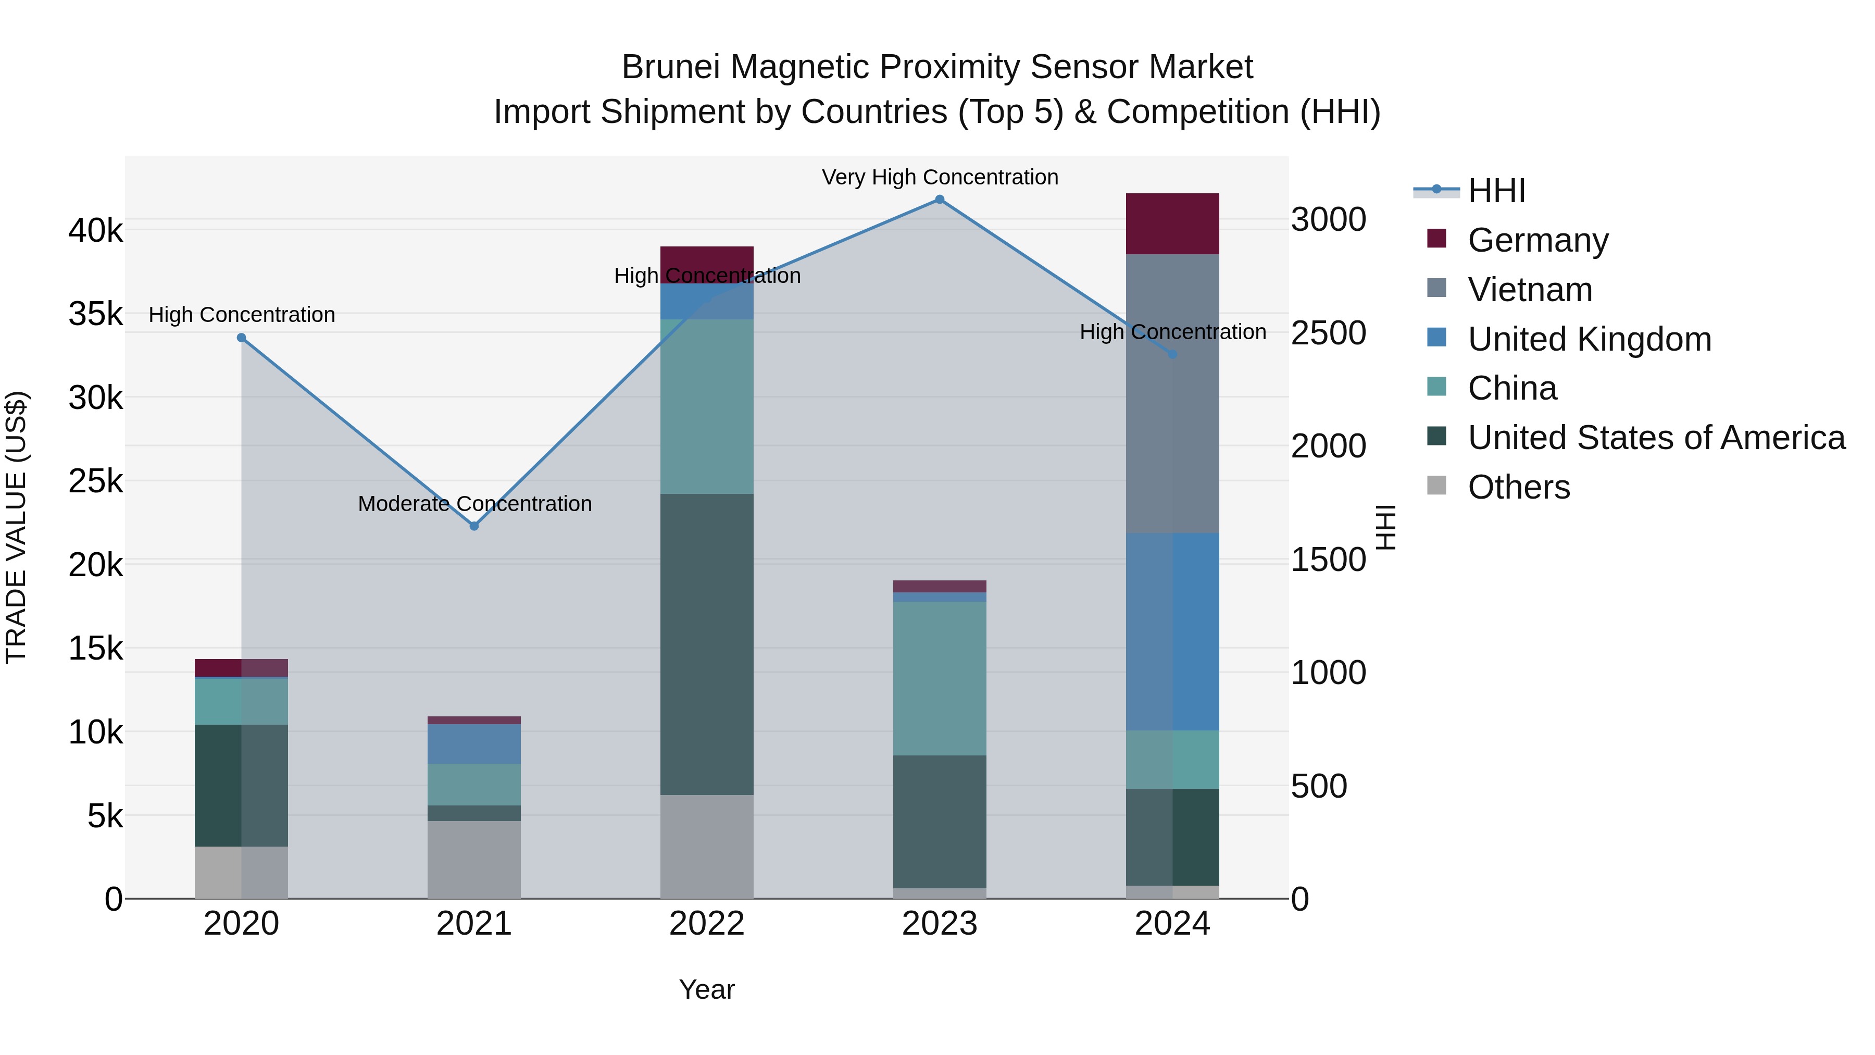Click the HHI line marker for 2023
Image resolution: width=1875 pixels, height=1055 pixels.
coord(939,200)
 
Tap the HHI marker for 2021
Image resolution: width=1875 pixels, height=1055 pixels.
coord(474,526)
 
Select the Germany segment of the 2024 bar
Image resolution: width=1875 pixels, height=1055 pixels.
coord(1172,224)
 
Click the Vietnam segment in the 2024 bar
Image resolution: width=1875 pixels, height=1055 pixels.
coord(1172,393)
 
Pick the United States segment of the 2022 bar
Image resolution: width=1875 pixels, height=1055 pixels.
coord(706,644)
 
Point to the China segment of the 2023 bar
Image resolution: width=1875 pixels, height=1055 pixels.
coord(939,678)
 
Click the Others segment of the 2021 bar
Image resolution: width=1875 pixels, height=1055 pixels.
coord(474,859)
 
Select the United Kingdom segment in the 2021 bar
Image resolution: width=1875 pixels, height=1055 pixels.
coord(474,743)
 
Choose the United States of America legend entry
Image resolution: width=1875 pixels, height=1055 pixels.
coord(1656,438)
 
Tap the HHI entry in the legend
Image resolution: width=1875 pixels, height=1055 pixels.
coord(1496,191)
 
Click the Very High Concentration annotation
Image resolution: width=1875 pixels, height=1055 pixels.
coord(940,177)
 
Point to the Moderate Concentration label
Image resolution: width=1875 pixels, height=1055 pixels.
coord(474,504)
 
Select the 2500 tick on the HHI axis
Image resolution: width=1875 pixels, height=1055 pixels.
coord(1328,333)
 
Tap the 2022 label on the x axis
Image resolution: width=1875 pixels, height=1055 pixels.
coord(706,924)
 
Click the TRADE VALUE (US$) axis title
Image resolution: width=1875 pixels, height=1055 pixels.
coord(16,527)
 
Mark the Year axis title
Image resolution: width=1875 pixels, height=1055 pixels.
coord(706,989)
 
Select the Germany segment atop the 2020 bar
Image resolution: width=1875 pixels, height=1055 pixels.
coord(241,668)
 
